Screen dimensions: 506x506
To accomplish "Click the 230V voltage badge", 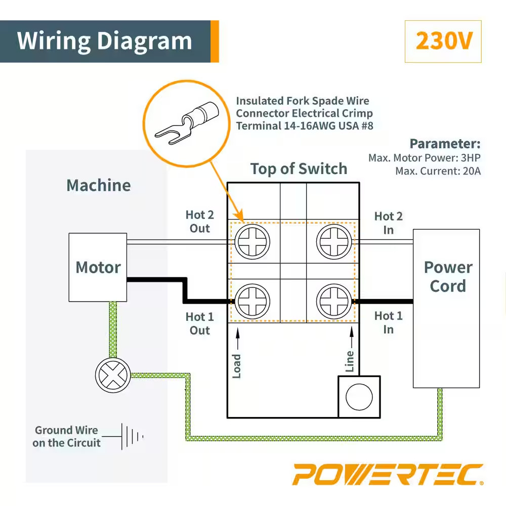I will [x=443, y=41].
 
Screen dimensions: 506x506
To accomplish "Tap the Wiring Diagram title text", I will [x=105, y=41].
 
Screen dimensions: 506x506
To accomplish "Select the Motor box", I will [x=98, y=267].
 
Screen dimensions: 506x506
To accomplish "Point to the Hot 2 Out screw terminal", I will [x=252, y=241].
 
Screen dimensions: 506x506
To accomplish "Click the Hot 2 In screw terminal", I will [x=334, y=241].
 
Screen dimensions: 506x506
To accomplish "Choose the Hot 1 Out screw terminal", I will [x=252, y=302].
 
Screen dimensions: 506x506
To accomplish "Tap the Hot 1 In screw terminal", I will [x=334, y=302].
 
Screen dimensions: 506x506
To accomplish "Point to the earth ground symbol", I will [x=132, y=436].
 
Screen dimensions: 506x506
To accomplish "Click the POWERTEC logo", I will [x=388, y=475].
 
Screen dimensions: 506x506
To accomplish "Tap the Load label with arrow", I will [x=237, y=354].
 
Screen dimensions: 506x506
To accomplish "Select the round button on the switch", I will [x=359, y=397].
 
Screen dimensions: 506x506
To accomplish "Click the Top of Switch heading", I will [x=299, y=169].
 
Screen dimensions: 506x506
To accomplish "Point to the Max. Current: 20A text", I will [x=438, y=171].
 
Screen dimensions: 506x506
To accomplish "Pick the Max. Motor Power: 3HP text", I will [x=424, y=158].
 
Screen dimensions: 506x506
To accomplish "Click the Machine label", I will [x=99, y=185].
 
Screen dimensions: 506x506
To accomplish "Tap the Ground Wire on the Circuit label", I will [x=66, y=437].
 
